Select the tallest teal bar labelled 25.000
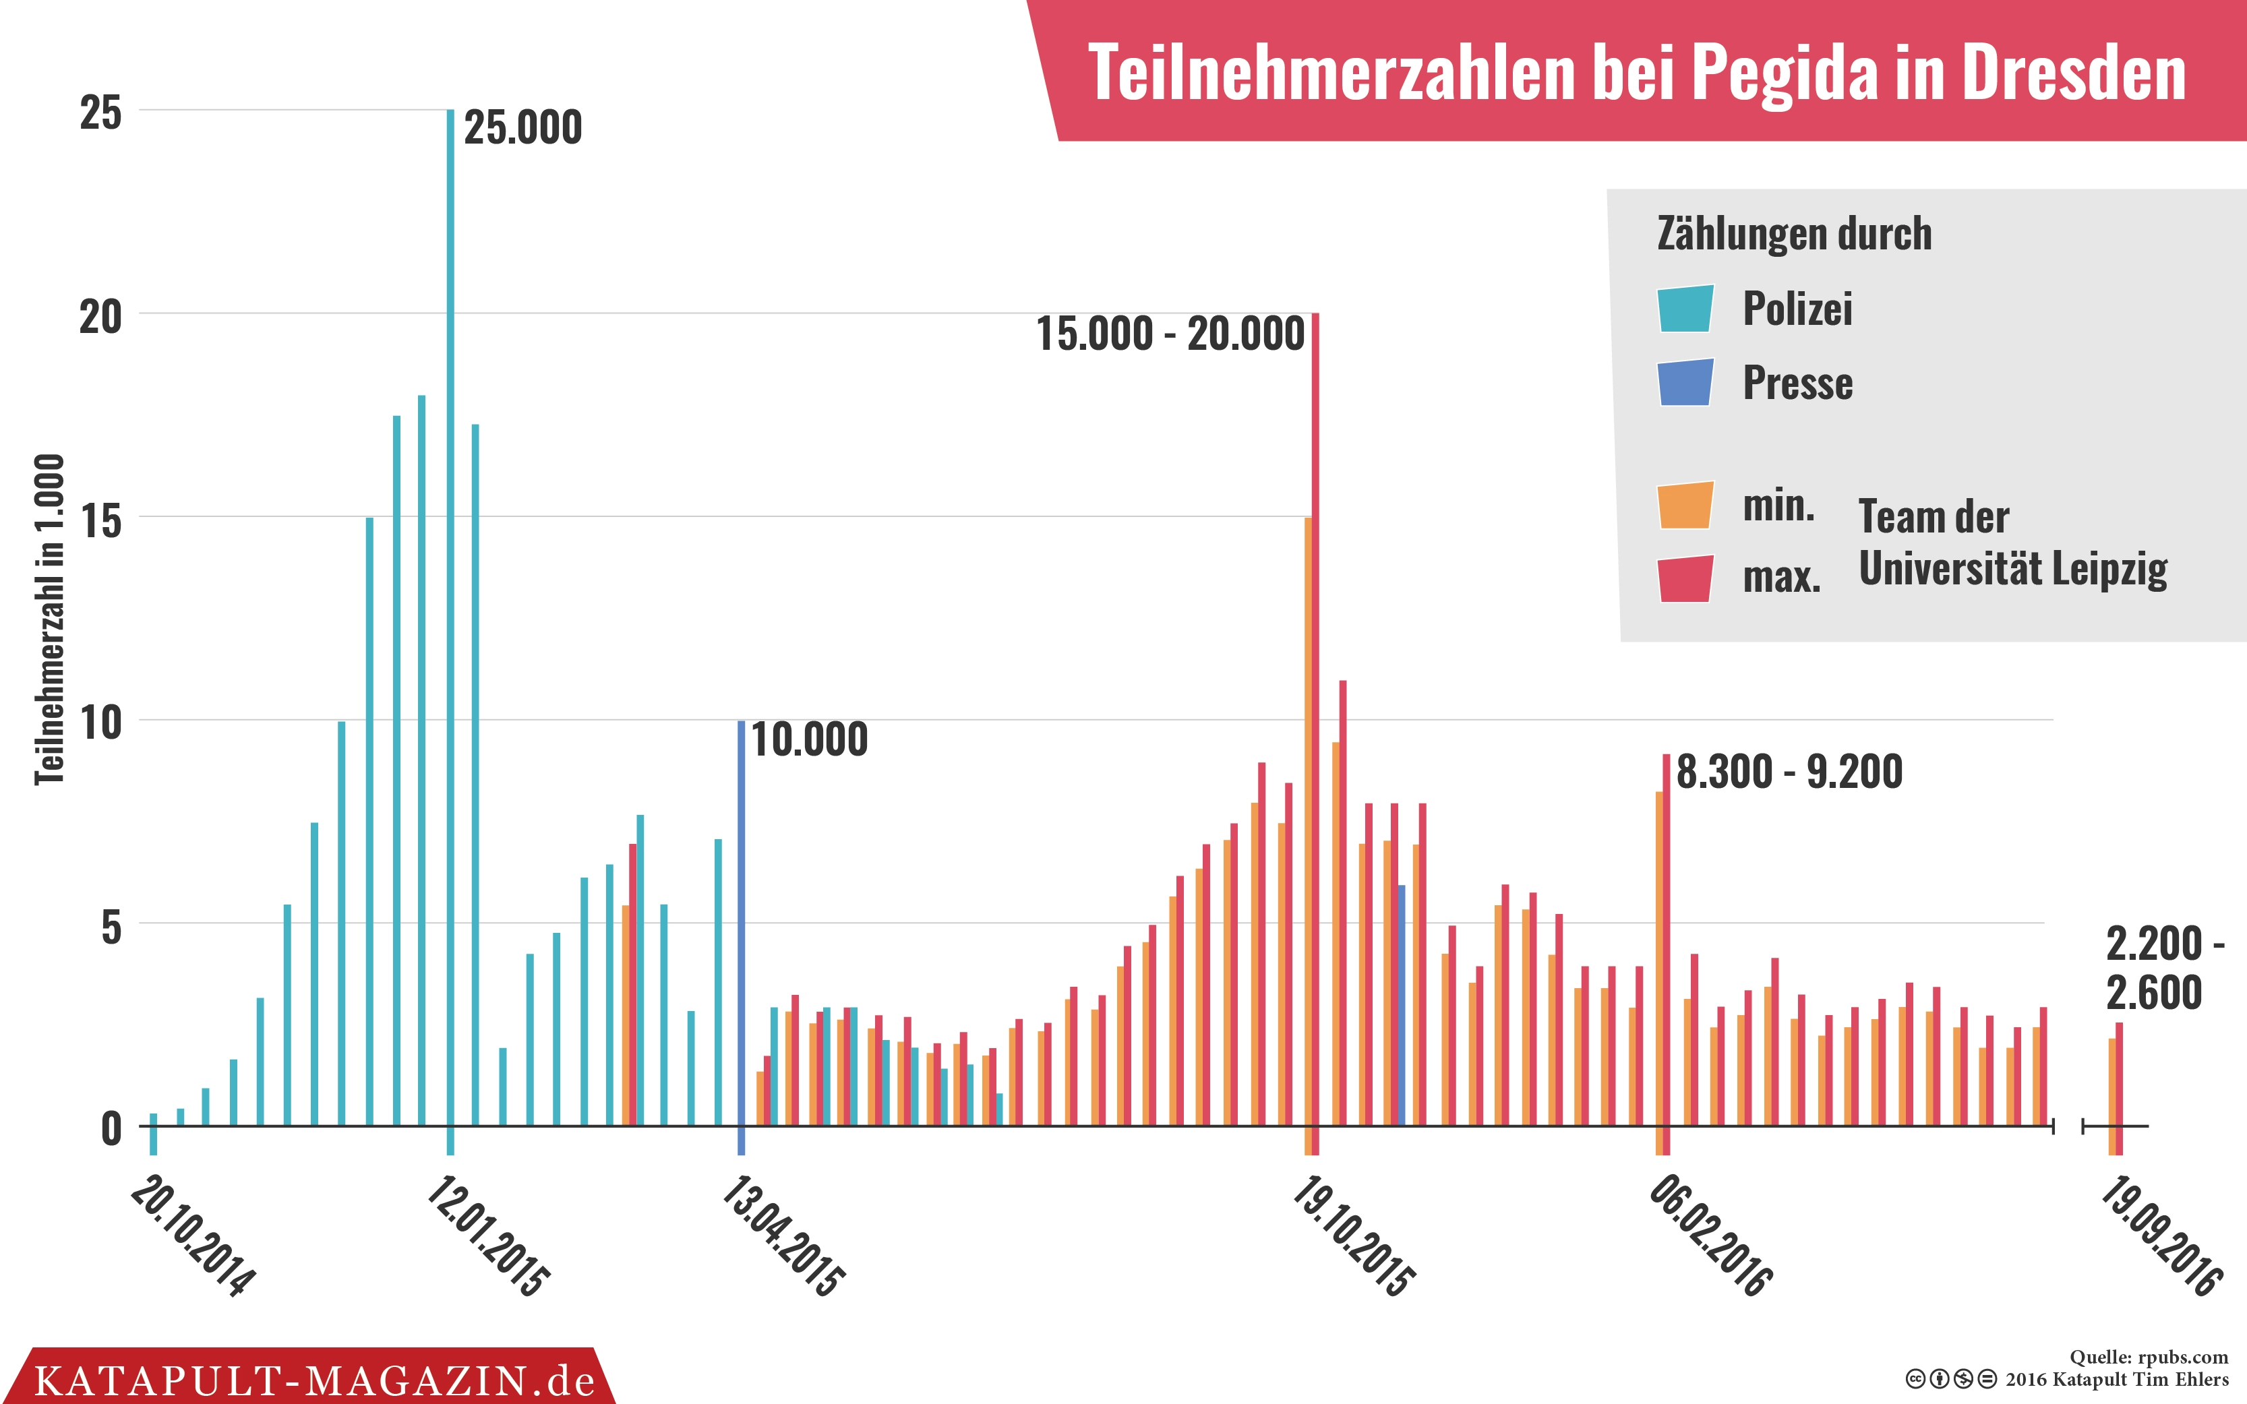pyautogui.click(x=450, y=613)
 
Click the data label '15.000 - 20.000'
pyautogui.click(x=1170, y=334)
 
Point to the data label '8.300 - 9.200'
pyautogui.click(x=1789, y=772)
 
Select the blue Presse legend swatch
pyautogui.click(x=1685, y=383)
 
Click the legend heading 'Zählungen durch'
pyautogui.click(x=1794, y=234)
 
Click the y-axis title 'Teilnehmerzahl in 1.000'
pyautogui.click(x=50, y=619)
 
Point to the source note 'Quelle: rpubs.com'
pyautogui.click(x=2148, y=1357)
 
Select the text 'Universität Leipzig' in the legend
pyautogui.click(x=2012, y=568)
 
